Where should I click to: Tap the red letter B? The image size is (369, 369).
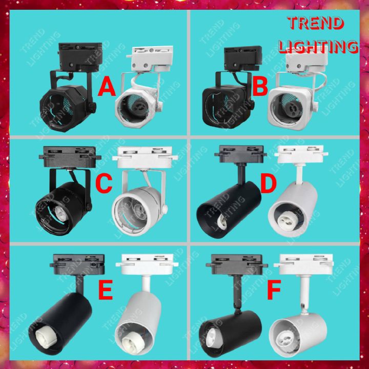pyautogui.click(x=260, y=88)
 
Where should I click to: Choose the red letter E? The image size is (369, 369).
pyautogui.click(x=106, y=291)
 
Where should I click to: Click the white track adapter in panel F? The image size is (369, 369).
pyautogui.click(x=305, y=266)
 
